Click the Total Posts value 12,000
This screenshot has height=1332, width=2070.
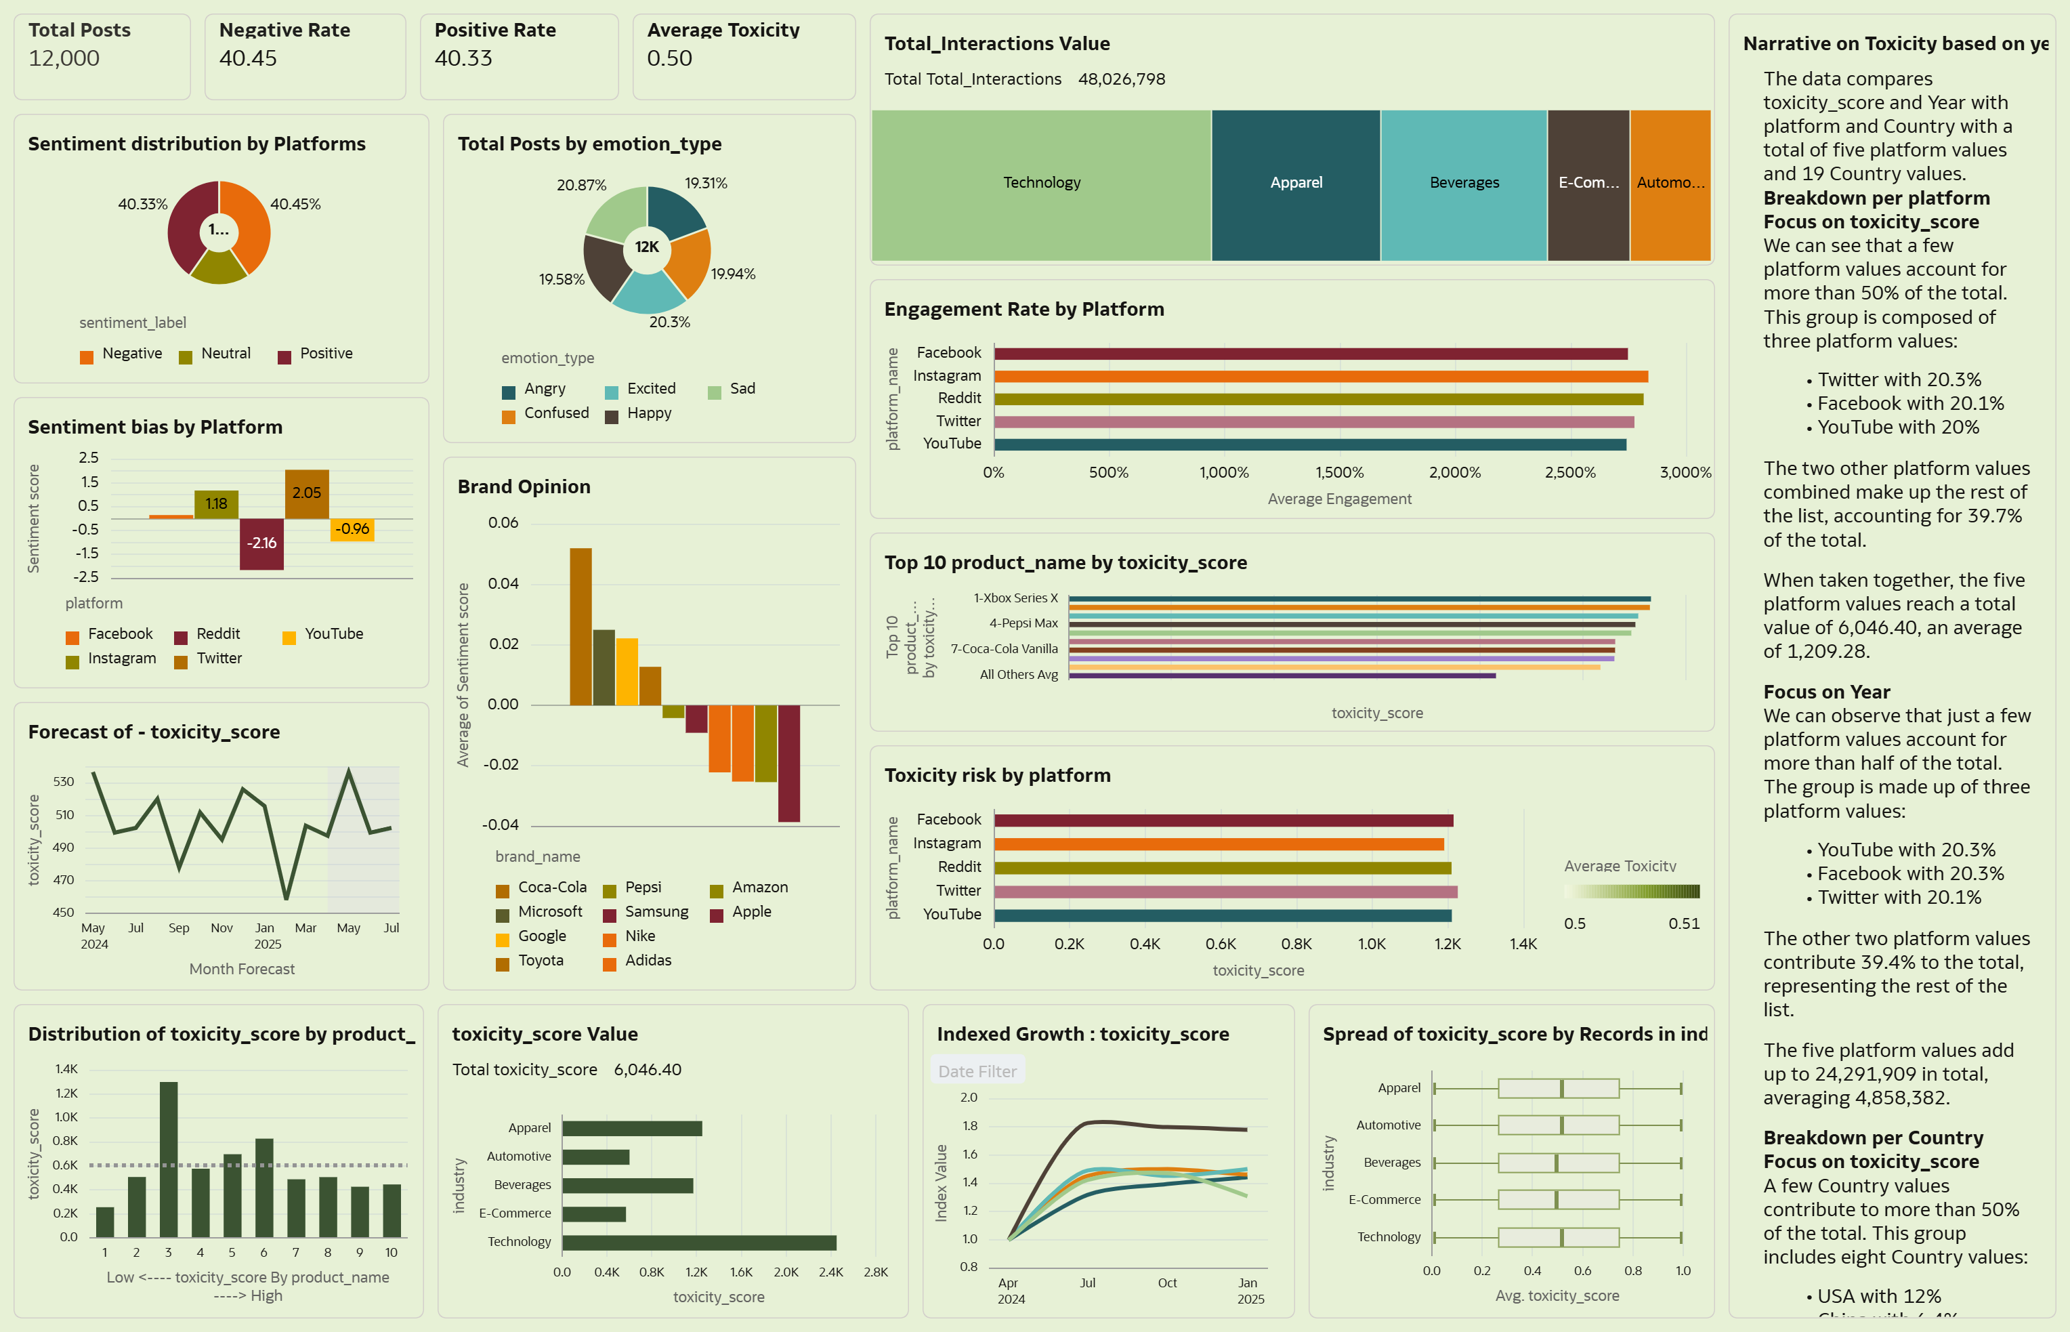(64, 58)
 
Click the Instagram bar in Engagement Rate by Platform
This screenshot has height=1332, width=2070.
(1320, 376)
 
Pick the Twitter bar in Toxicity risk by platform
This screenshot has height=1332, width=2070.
(1225, 891)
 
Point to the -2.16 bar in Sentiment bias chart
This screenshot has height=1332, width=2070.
(261, 544)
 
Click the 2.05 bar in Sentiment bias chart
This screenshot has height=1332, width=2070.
(307, 494)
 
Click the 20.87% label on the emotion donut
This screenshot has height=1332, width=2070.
(581, 185)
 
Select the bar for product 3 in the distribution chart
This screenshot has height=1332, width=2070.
(169, 1159)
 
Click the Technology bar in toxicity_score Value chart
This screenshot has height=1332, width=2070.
(698, 1242)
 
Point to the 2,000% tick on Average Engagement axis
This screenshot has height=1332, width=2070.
(1454, 472)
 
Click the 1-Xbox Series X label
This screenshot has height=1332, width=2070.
(1015, 598)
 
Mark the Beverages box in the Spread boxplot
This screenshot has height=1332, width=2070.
(1558, 1163)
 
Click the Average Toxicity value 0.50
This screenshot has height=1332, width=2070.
(669, 58)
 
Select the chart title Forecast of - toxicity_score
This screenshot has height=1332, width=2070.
(154, 732)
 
